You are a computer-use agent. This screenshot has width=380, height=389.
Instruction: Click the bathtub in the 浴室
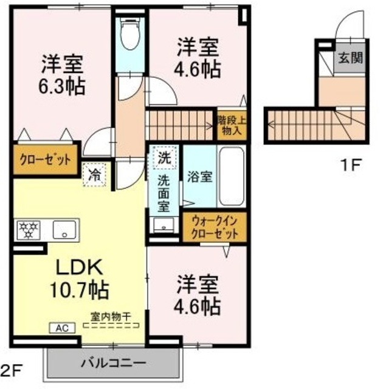[x=231, y=178]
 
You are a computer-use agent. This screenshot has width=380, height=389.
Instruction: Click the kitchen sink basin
[x=63, y=230]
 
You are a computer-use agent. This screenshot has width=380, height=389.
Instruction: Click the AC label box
[x=62, y=328]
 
